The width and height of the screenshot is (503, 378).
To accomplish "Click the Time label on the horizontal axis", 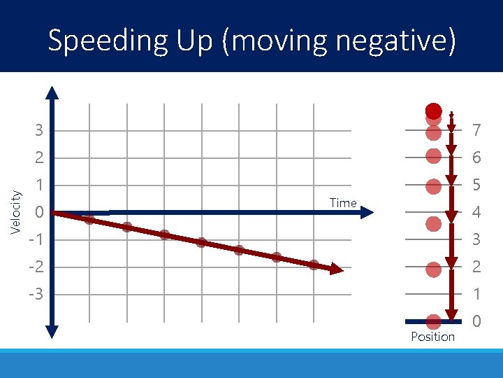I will (x=342, y=203).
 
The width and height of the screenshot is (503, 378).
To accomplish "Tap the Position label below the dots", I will (x=432, y=337).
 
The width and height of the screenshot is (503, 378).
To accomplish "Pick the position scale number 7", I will (x=476, y=131).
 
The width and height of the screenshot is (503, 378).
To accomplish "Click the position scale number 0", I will (x=476, y=322).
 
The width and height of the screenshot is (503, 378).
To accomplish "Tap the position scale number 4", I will (x=476, y=212).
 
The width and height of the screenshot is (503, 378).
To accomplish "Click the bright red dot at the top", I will (x=434, y=111).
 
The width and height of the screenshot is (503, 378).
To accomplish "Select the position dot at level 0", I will (x=433, y=321).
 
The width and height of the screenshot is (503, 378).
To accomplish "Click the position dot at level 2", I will (x=433, y=269).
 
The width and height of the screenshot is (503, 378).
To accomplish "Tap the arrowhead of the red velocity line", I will (x=338, y=269).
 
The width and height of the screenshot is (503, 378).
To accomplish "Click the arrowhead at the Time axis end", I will (x=368, y=212).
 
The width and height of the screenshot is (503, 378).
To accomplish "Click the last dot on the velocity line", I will (x=314, y=264).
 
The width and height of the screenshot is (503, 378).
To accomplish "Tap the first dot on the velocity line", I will (x=89, y=220).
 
